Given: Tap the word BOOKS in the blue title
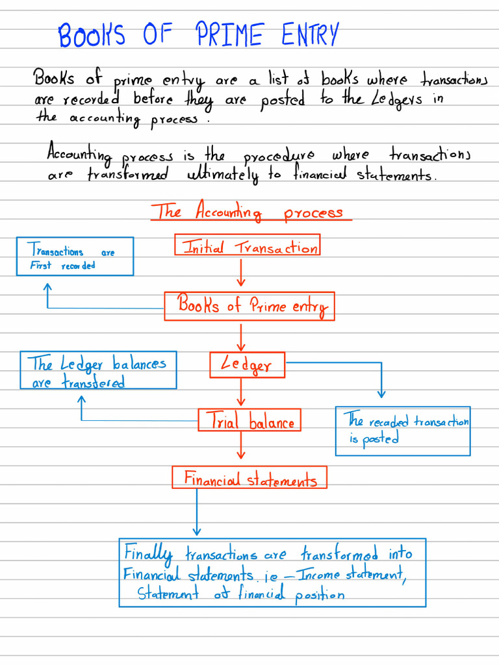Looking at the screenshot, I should [x=92, y=36].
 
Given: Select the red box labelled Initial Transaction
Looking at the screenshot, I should [x=247, y=246].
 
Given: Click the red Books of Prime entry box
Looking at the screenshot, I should [x=249, y=306].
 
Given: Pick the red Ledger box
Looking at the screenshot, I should [x=248, y=364].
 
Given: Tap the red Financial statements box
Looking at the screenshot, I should [x=249, y=479].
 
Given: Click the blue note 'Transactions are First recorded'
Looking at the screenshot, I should [x=75, y=257].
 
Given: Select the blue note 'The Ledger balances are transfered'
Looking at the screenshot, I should [x=99, y=371].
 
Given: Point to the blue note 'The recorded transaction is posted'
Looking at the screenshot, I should [x=402, y=431].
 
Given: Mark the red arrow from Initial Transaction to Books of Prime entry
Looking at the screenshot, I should [x=241, y=273].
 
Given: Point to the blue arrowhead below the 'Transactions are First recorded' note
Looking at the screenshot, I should [x=47, y=288].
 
